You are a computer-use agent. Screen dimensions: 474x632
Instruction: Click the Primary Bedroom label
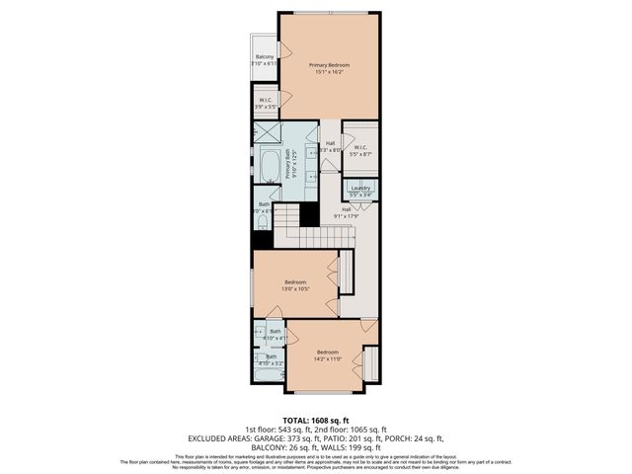[329, 65]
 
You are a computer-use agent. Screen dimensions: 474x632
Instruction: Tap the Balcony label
[265, 56]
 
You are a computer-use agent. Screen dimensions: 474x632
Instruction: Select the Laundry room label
[360, 188]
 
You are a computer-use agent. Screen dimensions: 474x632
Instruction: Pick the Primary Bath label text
[289, 166]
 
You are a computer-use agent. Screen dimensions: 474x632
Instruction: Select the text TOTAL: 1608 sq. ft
[315, 420]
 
